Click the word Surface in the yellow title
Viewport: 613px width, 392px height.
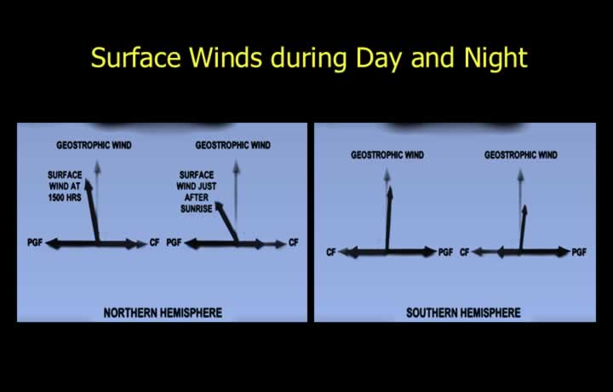[136, 57]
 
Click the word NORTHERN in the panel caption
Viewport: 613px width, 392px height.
[129, 313]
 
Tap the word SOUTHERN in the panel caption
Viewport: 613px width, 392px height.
[432, 313]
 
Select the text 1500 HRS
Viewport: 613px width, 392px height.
[65, 198]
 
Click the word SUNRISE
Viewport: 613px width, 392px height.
[197, 209]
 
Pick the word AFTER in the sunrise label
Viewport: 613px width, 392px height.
[197, 198]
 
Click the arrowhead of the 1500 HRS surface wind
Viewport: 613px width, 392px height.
[89, 184]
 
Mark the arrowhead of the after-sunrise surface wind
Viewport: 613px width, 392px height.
[219, 207]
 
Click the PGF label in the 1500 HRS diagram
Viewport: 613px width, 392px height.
[35, 243]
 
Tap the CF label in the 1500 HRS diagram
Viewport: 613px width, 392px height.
[154, 243]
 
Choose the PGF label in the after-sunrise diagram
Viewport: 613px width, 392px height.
[174, 243]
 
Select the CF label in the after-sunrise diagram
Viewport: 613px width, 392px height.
[294, 243]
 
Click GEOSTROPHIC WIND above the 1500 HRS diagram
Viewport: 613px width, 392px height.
[94, 145]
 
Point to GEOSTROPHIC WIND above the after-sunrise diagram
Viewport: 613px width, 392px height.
[233, 145]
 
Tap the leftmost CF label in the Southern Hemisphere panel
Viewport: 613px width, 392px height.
[331, 252]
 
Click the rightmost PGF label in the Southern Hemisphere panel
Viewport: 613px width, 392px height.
[579, 252]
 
